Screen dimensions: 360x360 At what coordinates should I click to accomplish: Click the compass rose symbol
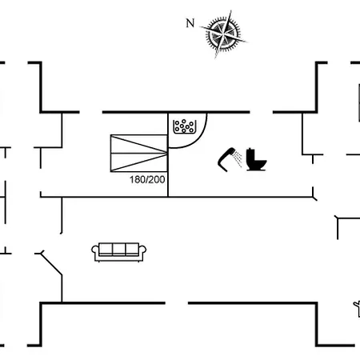pos(224,34)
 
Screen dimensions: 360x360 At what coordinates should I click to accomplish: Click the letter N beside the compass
pos(190,23)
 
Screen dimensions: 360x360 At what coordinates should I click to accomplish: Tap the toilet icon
pos(256,159)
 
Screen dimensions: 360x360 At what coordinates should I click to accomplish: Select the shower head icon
pos(230,159)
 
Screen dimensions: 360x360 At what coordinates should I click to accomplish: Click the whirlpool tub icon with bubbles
pos(185,126)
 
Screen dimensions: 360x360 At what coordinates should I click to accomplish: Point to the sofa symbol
pos(119,252)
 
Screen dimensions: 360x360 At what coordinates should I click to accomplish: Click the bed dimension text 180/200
pos(147,180)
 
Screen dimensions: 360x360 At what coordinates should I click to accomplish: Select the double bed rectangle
pos(139,154)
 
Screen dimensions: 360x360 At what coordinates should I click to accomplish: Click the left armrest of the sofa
pos(95,252)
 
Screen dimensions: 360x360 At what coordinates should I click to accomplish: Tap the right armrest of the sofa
pos(142,252)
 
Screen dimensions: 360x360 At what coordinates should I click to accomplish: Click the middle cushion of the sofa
pos(119,250)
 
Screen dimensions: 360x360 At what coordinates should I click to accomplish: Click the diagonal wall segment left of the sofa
pos(51,264)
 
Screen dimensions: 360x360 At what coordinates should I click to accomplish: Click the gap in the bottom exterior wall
pos(177,303)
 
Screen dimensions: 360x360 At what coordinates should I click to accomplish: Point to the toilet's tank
pos(250,154)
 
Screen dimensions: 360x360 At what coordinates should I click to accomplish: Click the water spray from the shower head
pos(238,158)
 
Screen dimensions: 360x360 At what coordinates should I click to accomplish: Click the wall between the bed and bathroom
pos(168,155)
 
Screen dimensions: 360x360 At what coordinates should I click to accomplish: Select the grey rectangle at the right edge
pos(359,103)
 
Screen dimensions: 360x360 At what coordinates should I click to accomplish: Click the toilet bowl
pos(260,163)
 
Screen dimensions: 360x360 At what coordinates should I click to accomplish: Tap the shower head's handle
pos(223,162)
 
